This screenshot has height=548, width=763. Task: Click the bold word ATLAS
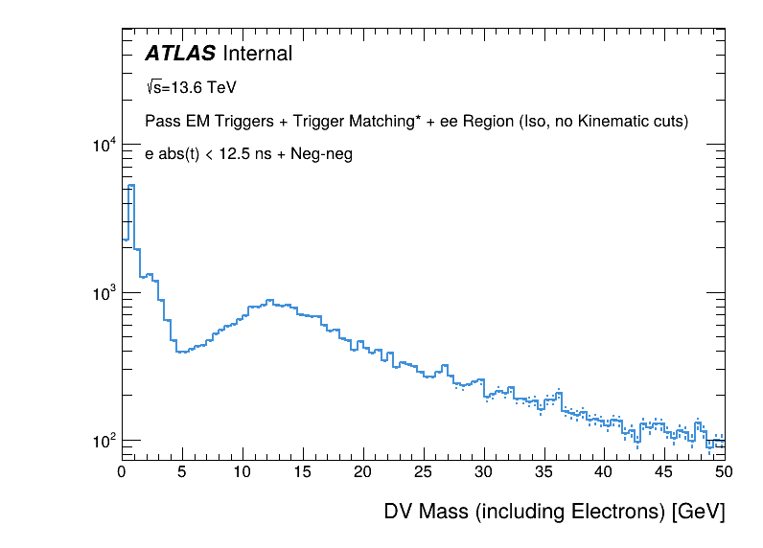pyautogui.click(x=180, y=54)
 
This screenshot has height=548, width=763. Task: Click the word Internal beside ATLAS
pyautogui.click(x=256, y=54)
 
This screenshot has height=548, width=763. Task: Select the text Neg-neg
pyautogui.click(x=328, y=154)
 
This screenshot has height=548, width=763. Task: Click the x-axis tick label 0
pyautogui.click(x=122, y=470)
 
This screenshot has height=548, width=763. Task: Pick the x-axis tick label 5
pyautogui.click(x=182, y=470)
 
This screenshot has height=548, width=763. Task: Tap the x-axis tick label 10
pyautogui.click(x=243, y=470)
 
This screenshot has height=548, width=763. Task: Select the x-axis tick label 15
pyautogui.click(x=303, y=470)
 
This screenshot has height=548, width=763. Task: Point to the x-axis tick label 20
pyautogui.click(x=363, y=470)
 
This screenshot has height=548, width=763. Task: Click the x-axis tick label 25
pyautogui.click(x=424, y=470)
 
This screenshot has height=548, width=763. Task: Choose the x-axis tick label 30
pyautogui.click(x=484, y=470)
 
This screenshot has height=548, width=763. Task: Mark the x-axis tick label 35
pyautogui.click(x=544, y=470)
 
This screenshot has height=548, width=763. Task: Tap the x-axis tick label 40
pyautogui.click(x=604, y=470)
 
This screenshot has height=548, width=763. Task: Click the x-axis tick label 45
pyautogui.click(x=664, y=470)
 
